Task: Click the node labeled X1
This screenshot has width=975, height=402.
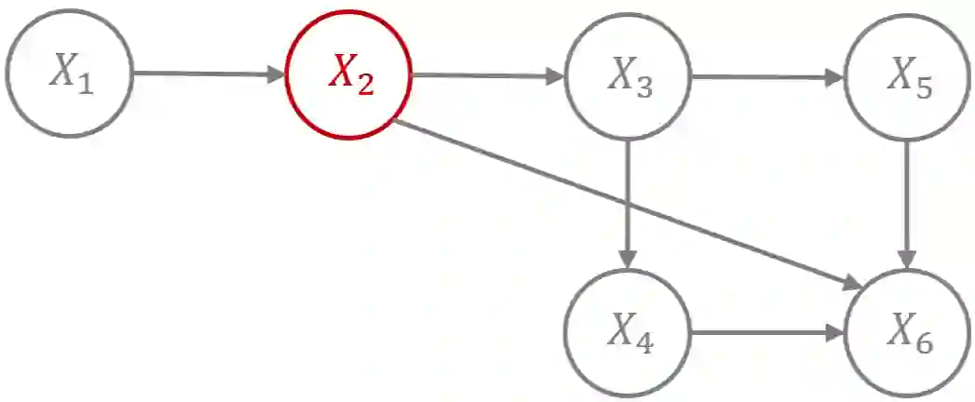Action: tap(70, 74)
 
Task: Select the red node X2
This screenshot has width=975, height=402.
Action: tap(350, 74)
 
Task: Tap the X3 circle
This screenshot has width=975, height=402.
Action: tap(630, 76)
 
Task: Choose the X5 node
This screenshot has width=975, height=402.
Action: tap(909, 76)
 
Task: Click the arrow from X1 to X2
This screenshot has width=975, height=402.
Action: tap(205, 74)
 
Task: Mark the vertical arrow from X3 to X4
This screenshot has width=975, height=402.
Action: tap(630, 200)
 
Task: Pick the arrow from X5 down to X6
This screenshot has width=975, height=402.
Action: tap(909, 200)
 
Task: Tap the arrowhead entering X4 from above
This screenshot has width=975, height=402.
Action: tap(630, 258)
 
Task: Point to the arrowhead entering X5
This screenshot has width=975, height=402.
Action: tap(834, 77)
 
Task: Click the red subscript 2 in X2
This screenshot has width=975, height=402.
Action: tap(365, 84)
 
